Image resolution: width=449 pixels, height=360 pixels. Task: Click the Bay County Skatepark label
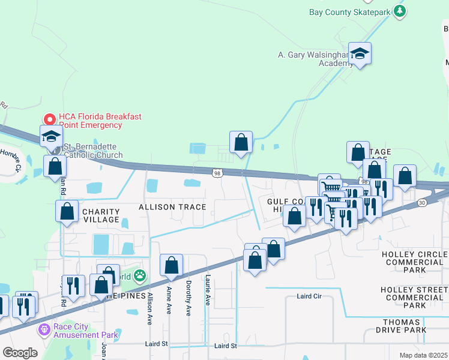349,11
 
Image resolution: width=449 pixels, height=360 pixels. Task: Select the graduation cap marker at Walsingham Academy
360,54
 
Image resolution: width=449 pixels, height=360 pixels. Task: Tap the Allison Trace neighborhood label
172,207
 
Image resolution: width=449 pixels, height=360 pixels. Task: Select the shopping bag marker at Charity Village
67,211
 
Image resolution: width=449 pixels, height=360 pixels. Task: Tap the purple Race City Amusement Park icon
43,329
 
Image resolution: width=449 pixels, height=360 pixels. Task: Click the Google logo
20,353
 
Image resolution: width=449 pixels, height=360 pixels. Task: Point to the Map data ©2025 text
423,355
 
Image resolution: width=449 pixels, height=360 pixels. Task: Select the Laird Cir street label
310,296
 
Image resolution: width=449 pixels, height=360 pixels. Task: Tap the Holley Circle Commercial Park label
415,262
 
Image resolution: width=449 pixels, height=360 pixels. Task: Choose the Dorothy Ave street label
188,298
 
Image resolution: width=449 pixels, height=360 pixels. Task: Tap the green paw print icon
140,276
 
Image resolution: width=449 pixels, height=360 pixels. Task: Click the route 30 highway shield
422,203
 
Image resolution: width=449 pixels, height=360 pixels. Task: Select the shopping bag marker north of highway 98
241,143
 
